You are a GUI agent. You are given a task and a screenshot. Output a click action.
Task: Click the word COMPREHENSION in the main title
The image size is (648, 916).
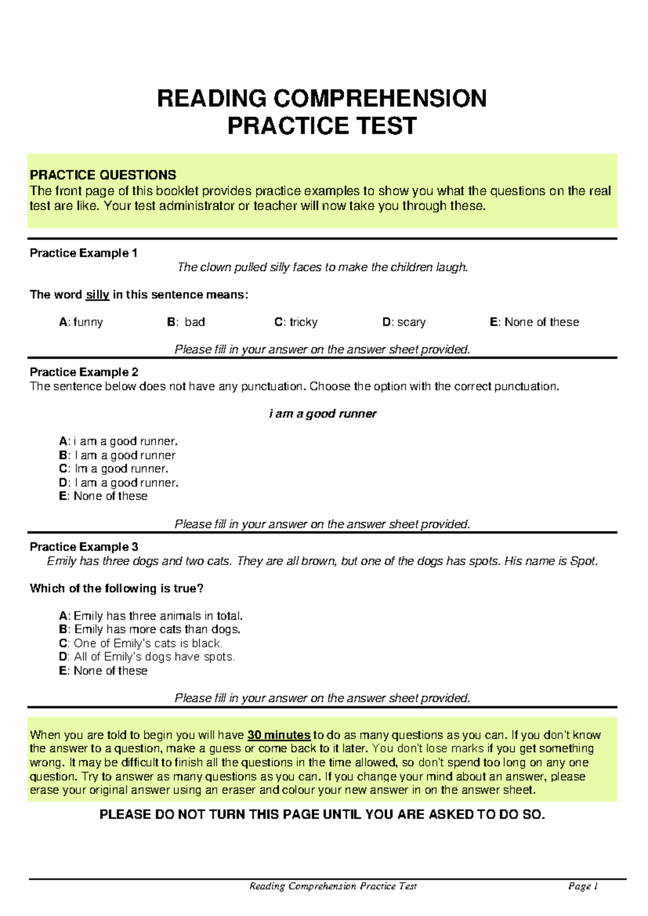[x=380, y=98]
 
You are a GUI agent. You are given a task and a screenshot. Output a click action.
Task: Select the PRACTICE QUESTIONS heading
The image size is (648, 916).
[x=103, y=175]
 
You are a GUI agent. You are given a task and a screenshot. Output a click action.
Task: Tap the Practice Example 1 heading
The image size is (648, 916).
[x=84, y=253]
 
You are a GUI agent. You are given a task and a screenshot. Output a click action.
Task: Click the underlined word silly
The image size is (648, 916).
[x=98, y=295]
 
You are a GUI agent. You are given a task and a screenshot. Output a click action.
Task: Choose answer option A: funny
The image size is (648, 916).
[x=81, y=322]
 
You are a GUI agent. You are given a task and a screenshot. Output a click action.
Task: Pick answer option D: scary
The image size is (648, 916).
[x=404, y=322]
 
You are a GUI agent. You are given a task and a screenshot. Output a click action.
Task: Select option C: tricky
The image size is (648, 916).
[x=296, y=322]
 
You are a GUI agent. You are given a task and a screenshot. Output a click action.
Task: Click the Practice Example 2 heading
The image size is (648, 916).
[x=84, y=372]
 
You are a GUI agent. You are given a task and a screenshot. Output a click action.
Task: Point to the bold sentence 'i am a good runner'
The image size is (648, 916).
[x=322, y=414]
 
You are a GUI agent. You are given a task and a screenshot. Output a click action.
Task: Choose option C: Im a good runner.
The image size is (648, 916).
[x=114, y=469]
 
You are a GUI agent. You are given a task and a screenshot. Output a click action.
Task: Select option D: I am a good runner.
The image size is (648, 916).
[x=119, y=483]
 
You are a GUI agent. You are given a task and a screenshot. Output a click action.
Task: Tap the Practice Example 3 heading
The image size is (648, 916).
[x=84, y=547]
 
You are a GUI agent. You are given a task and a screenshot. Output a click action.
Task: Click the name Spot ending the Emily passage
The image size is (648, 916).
[x=583, y=561]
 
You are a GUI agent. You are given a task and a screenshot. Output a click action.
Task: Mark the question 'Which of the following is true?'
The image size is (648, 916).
[x=117, y=589]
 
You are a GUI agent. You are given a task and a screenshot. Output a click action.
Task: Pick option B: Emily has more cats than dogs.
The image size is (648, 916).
[x=150, y=629]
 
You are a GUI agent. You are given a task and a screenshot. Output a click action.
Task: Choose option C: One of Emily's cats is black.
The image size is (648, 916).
[x=141, y=643]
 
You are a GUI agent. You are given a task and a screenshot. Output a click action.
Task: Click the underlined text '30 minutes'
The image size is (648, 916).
[x=279, y=735]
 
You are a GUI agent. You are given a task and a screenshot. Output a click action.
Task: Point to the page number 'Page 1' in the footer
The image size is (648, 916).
[x=583, y=886]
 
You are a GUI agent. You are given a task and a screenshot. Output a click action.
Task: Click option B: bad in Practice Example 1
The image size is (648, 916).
[x=186, y=322]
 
